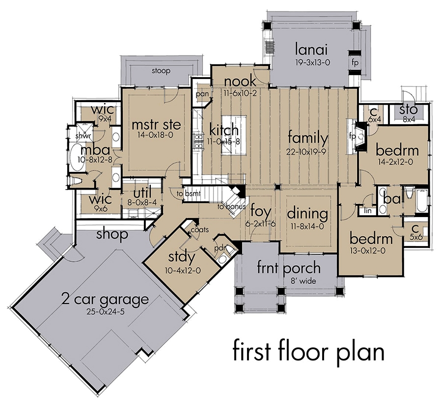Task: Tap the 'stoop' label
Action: (x=161, y=71)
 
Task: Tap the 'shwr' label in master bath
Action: (x=81, y=135)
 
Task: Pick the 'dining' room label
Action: (x=307, y=214)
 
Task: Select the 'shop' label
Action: (x=112, y=234)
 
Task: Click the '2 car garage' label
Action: (x=105, y=298)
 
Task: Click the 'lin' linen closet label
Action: (x=367, y=211)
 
